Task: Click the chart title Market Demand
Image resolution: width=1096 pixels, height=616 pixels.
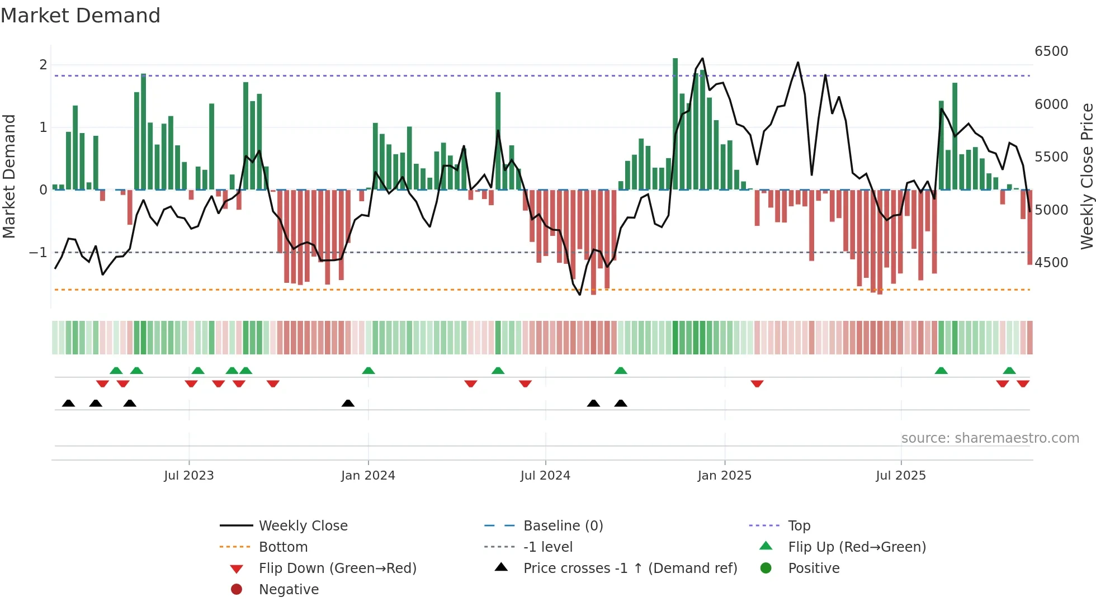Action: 81,15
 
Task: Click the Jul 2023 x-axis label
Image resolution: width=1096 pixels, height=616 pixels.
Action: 188,475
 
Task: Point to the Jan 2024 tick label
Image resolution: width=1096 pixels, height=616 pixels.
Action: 368,475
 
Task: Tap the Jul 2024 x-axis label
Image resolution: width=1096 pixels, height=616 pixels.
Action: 545,475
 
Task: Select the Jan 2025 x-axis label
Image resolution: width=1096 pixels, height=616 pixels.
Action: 724,475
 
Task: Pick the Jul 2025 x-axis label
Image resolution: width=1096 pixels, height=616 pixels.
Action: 901,475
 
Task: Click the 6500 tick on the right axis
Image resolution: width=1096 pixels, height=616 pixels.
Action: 1051,51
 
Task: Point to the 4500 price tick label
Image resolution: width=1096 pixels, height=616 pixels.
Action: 1051,262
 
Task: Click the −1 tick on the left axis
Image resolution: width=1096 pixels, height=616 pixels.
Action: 39,252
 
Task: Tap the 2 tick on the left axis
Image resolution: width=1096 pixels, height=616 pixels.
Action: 43,64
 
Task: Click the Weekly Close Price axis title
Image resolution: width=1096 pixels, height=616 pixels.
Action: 1086,176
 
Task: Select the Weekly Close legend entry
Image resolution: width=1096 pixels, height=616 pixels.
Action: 303,525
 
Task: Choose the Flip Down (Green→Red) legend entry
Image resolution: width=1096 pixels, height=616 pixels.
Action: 337,568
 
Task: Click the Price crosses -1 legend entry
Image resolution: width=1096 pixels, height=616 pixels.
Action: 630,568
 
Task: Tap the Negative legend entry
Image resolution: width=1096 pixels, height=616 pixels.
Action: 289,589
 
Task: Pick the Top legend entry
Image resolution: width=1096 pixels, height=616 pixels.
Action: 799,525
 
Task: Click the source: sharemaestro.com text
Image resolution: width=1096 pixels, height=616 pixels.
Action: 990,438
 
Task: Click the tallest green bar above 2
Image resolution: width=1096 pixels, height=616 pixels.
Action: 675,123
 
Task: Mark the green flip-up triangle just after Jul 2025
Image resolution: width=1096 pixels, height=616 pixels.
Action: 941,371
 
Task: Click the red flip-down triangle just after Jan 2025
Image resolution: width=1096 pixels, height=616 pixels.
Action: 757,383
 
